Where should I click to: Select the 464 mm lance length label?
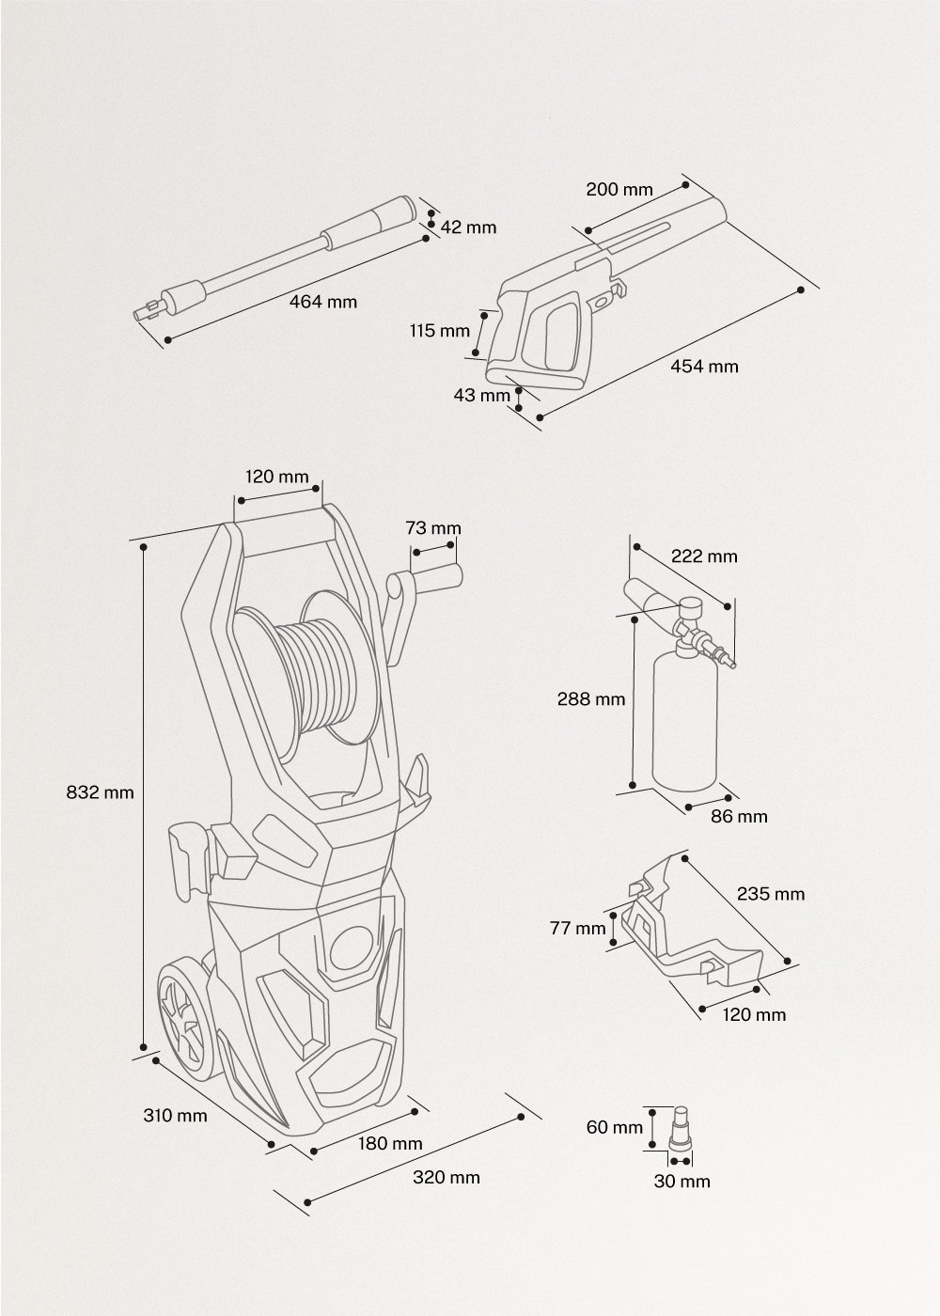(x=323, y=302)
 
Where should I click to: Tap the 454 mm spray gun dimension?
(x=704, y=366)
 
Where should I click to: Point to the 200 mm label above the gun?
(x=619, y=189)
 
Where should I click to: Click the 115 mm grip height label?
(x=439, y=331)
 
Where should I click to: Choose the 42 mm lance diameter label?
(x=467, y=227)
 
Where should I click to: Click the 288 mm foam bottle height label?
(x=590, y=698)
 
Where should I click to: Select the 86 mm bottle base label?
(x=739, y=816)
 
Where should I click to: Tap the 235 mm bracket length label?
(x=771, y=893)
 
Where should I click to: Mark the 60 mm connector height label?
(x=615, y=1127)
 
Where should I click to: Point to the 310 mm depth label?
(x=175, y=1116)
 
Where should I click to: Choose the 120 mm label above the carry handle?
(x=276, y=477)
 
